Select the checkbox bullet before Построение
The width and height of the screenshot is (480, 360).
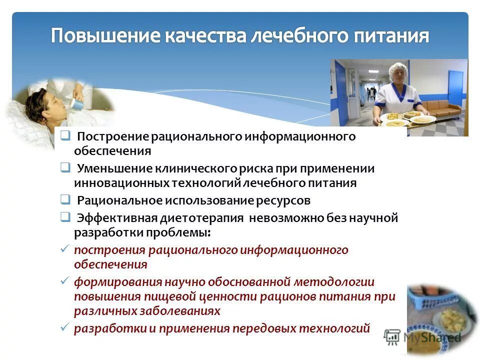click(x=65, y=136)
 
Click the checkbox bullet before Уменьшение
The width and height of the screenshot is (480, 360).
click(x=65, y=168)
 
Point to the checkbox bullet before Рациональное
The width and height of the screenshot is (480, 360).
click(x=65, y=200)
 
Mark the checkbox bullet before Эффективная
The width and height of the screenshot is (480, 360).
click(x=65, y=217)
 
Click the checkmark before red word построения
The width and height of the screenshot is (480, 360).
click(x=64, y=249)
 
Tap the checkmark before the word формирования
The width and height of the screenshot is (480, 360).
click(x=64, y=281)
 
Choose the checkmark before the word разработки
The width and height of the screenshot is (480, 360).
click(x=64, y=328)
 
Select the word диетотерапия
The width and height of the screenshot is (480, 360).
click(x=202, y=218)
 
